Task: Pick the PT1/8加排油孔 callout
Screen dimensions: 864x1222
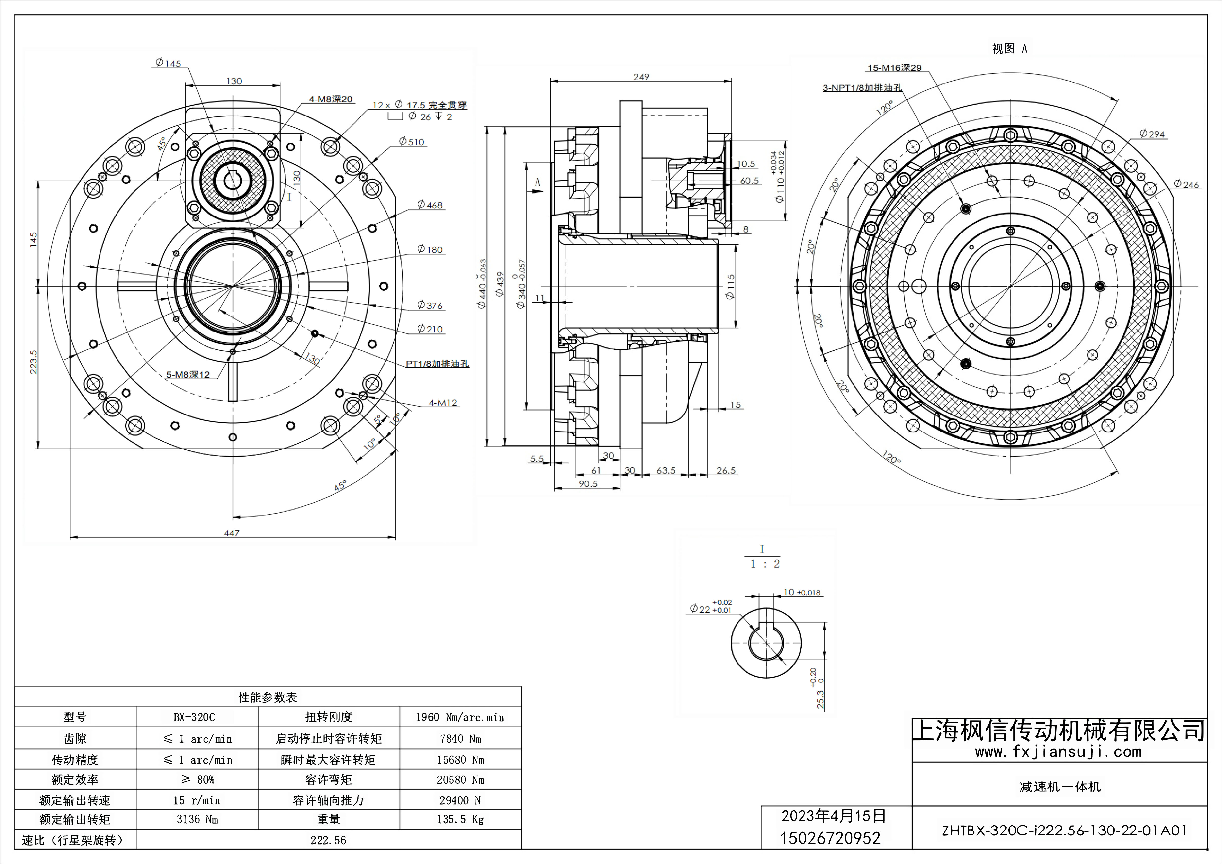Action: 437,364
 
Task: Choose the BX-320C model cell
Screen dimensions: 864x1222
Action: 195,717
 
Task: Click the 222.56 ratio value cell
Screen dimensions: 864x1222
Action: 328,840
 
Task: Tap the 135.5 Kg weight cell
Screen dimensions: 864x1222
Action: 460,819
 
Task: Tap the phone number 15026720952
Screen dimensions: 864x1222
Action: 830,838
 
